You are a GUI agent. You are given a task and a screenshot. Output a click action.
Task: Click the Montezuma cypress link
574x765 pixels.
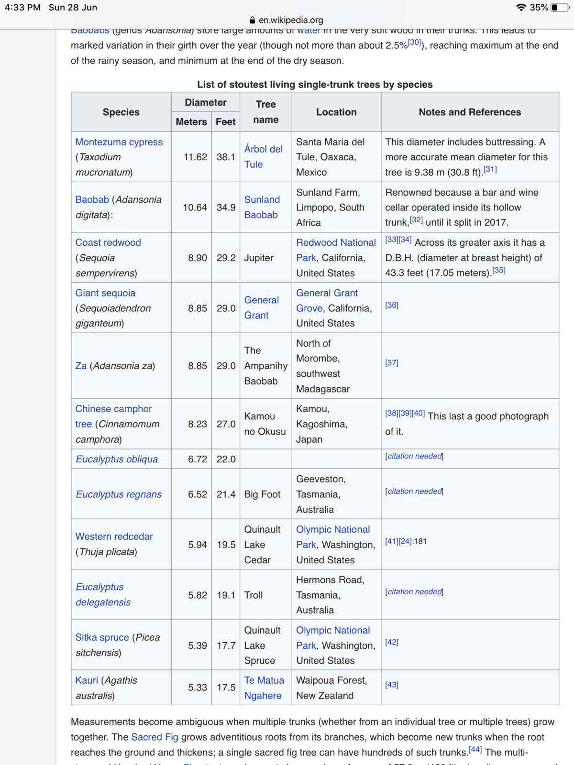click(119, 142)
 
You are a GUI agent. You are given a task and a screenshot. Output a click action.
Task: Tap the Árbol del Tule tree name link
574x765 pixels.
click(263, 156)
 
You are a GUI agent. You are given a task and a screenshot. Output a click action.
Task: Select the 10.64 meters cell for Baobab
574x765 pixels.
click(195, 208)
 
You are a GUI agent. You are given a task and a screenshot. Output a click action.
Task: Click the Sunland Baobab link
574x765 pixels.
click(262, 207)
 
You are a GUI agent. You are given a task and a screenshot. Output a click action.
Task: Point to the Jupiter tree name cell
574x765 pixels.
click(259, 258)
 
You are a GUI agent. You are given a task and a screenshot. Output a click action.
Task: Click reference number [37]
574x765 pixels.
click(392, 363)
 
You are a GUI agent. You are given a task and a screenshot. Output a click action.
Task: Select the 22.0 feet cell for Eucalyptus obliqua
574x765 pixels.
click(226, 459)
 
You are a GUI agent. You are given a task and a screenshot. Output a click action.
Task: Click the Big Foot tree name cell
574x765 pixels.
click(262, 494)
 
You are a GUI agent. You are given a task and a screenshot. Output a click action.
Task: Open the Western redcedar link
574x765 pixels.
click(114, 536)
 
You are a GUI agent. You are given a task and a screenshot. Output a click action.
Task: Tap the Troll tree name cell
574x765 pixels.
click(254, 595)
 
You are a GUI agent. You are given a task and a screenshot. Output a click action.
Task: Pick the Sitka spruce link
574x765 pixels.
click(102, 637)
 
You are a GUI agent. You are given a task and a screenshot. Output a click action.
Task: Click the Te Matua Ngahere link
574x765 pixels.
click(264, 688)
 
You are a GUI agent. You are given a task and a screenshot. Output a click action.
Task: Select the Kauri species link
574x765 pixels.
click(87, 680)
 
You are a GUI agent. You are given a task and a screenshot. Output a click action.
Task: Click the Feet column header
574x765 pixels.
click(225, 122)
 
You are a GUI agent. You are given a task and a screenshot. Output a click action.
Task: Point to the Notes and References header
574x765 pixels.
click(470, 112)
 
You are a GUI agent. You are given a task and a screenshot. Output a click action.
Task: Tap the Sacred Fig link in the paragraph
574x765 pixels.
click(155, 737)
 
